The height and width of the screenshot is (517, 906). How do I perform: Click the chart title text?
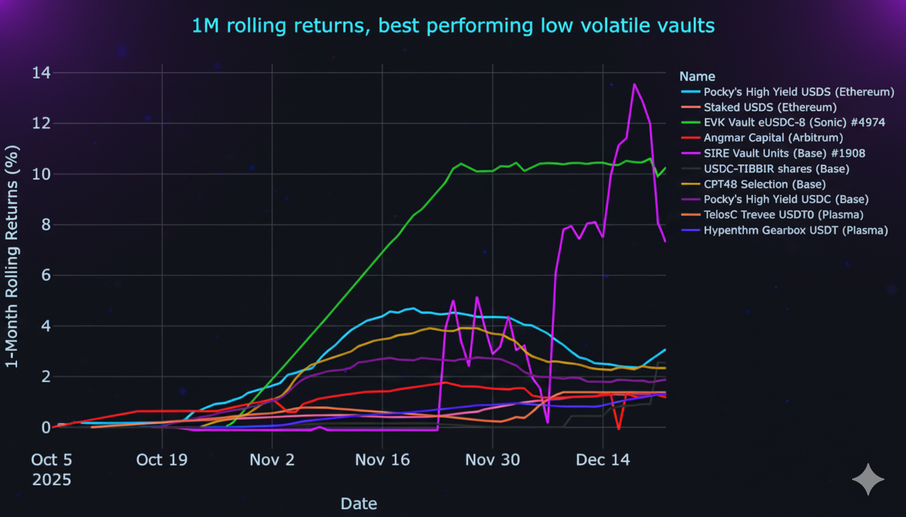pos(453,26)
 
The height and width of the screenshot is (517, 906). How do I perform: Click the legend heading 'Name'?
pos(697,77)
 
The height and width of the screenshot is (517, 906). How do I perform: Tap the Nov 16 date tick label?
pos(382,460)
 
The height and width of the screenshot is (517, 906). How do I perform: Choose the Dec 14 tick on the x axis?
pos(603,460)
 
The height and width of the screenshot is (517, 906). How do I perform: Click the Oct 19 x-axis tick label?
pos(162,460)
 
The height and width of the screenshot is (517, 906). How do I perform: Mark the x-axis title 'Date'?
pos(359,504)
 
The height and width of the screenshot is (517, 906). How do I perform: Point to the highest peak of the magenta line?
pos(634,84)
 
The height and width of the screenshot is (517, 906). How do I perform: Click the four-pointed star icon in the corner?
pos(868,479)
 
